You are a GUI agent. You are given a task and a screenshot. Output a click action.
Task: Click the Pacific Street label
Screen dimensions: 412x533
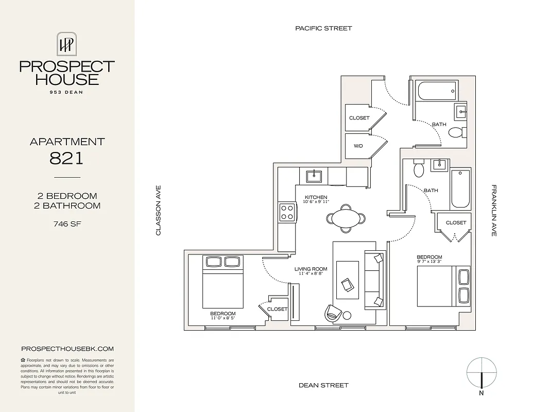[x=323, y=28]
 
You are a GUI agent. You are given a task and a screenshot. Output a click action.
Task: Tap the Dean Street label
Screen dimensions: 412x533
[x=323, y=385]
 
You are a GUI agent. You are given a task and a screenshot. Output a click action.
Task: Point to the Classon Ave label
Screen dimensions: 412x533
[x=159, y=211]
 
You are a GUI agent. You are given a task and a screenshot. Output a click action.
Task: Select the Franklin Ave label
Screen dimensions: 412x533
[x=493, y=211]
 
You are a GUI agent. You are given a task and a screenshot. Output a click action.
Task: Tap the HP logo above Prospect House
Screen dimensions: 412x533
[x=67, y=44]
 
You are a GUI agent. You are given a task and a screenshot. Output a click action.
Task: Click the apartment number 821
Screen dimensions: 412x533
[x=67, y=158]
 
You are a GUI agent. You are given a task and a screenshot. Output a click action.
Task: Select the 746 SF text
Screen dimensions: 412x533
[x=67, y=224]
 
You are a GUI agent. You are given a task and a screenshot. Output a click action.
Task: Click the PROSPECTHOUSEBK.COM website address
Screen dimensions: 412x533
[x=67, y=349]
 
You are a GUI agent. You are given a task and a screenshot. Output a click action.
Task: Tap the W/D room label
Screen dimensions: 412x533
[x=358, y=146]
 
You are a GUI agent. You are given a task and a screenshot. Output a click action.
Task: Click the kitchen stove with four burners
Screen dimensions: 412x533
[x=287, y=212]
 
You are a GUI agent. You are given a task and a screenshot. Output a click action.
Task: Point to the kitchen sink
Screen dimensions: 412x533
[x=314, y=176]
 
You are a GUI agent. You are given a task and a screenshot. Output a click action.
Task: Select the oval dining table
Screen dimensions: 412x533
[x=346, y=218]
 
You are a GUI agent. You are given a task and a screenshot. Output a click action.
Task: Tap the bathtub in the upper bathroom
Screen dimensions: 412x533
[x=437, y=92]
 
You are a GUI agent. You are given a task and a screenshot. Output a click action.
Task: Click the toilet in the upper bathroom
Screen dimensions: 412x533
[x=455, y=132]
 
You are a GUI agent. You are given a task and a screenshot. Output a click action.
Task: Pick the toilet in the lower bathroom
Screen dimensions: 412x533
[x=418, y=169]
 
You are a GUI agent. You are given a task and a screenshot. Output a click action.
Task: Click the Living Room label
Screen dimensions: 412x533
[x=311, y=269]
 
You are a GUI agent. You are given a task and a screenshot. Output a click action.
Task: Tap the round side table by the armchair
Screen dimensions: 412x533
[x=347, y=315]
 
